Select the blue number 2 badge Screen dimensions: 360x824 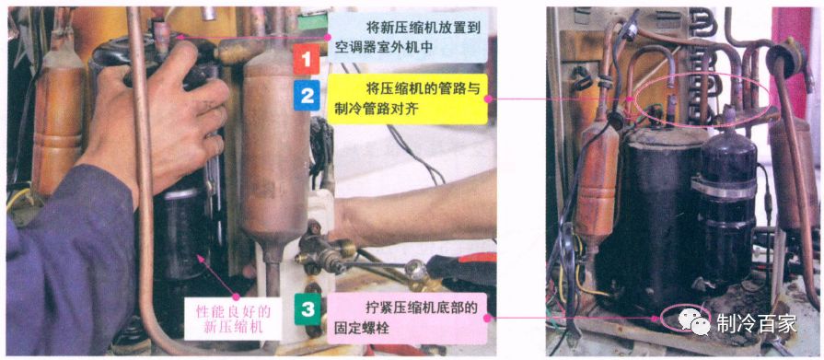(306, 95)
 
